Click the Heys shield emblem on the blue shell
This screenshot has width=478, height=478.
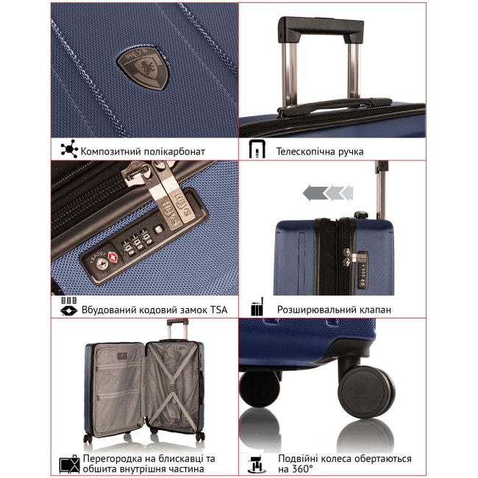click(143, 68)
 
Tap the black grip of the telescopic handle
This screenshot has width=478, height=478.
click(321, 29)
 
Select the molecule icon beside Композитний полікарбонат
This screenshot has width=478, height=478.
click(69, 149)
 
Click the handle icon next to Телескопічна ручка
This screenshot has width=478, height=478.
click(257, 149)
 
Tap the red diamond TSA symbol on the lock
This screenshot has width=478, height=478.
click(113, 257)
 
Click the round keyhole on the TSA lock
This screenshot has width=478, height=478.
click(101, 263)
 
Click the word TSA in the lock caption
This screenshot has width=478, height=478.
click(218, 310)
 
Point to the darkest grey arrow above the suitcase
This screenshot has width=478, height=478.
click(315, 193)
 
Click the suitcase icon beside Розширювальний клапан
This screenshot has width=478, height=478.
click(257, 307)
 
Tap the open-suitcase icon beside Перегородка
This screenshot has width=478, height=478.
click(70, 464)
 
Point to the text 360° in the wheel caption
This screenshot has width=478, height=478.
click(302, 469)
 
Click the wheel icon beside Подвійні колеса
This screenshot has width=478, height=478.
click(257, 464)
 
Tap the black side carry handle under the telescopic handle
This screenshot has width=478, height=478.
click(335, 106)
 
